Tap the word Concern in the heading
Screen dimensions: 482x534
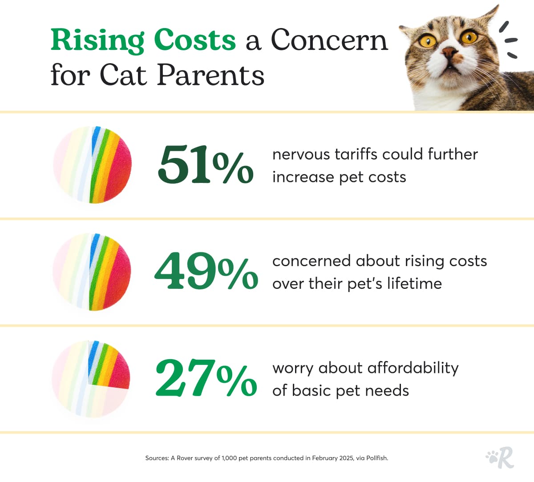pos(329,40)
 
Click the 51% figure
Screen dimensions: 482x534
pos(205,165)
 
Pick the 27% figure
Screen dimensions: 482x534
pos(206,378)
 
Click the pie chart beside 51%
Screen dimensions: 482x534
pos(93,165)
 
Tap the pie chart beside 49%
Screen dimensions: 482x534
pos(93,271)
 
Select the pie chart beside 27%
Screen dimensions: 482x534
pos(91,379)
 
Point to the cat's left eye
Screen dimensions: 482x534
pos(428,41)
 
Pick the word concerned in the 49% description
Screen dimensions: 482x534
pos(311,261)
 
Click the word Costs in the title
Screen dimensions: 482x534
pos(194,40)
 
